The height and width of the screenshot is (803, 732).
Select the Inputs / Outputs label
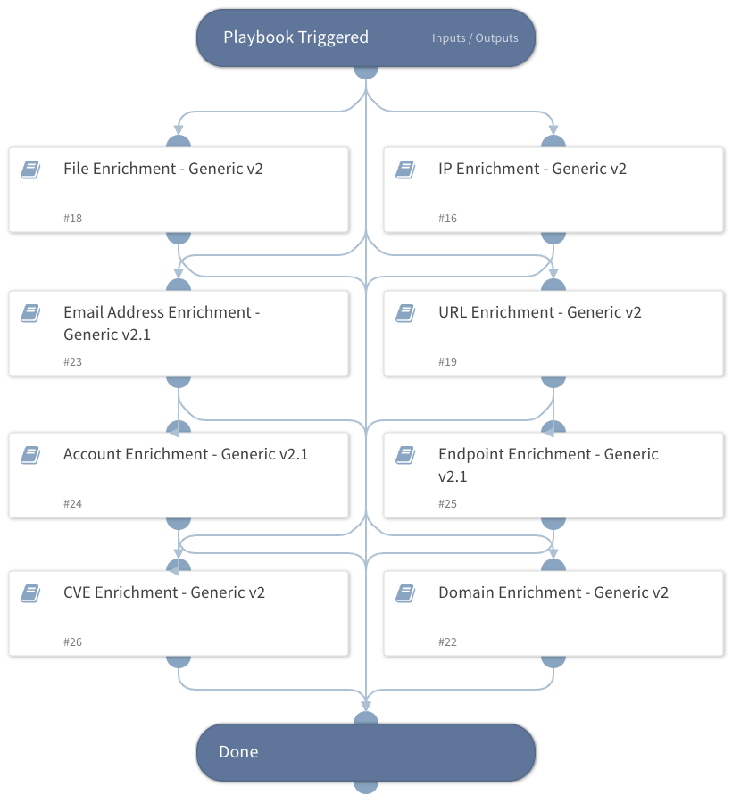point(475,38)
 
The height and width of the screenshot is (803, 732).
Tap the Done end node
point(365,752)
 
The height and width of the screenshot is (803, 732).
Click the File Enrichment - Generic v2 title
point(162,169)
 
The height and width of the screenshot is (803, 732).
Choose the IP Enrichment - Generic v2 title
point(532,169)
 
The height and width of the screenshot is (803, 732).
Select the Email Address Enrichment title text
point(161,323)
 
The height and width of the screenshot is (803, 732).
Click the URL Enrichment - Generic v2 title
point(539,312)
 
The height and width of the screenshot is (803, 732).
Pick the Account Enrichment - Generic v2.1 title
point(186,454)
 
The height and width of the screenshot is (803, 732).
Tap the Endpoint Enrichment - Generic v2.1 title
point(547,465)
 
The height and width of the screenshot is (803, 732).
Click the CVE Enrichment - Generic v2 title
point(163,592)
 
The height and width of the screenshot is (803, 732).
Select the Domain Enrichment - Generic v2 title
point(553,592)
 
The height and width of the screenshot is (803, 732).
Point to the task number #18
point(73,219)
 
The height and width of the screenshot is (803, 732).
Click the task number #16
point(448,219)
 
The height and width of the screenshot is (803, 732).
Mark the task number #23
point(73,362)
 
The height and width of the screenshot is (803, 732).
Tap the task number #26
point(73,642)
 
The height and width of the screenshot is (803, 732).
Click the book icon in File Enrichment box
point(30,169)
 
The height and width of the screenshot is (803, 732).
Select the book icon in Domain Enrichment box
point(405,592)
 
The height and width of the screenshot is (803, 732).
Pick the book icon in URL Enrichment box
point(405,312)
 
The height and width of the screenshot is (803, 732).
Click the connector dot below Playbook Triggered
point(366,70)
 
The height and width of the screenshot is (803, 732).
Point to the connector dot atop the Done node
point(366,720)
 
